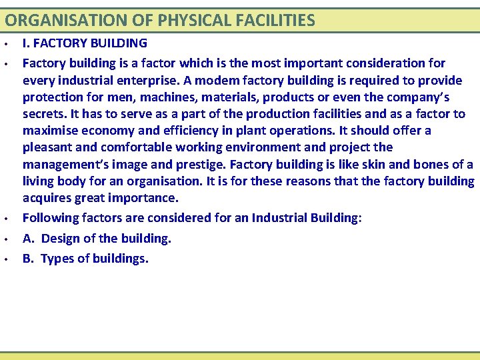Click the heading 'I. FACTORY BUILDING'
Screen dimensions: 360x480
85,44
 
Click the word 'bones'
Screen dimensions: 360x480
425,164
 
